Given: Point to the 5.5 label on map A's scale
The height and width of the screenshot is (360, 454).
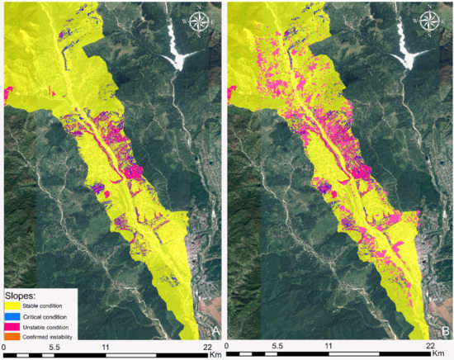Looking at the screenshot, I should (53, 348).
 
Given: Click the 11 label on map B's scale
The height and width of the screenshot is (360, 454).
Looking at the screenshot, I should (329, 348).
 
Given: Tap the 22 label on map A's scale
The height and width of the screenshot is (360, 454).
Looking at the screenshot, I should (206, 348).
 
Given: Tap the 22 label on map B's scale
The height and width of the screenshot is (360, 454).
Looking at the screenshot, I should (432, 348).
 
